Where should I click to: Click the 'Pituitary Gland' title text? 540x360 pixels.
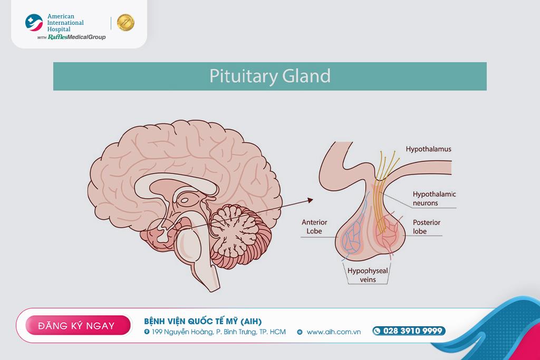[269, 76]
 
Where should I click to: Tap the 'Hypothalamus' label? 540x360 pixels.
[428, 149]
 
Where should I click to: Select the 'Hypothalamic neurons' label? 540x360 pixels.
[434, 198]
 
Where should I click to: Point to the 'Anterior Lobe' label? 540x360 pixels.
[311, 227]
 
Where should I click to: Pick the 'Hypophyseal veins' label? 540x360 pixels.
[368, 275]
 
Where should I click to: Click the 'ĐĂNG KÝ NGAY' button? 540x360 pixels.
[76, 325]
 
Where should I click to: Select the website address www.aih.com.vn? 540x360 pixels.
[333, 332]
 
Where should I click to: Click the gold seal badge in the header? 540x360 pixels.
[126, 23]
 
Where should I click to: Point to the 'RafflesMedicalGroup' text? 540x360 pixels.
[76, 37]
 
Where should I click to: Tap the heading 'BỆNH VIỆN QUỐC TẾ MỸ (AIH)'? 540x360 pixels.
[203, 321]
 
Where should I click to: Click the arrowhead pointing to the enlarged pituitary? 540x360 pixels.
[310, 200]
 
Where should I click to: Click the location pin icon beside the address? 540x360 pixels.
[147, 332]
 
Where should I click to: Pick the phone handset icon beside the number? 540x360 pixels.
[378, 331]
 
